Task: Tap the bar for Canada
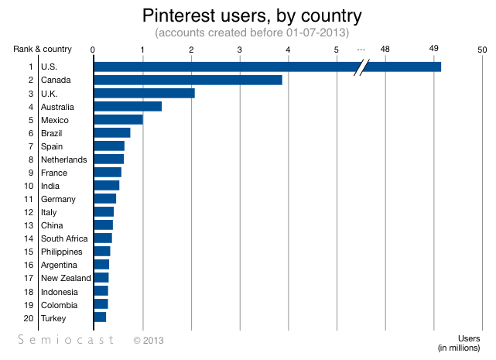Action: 187,80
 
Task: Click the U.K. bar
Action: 144,93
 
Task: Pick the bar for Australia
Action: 128,106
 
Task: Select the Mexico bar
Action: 118,119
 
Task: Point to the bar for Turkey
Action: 100,317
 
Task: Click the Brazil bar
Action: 112,132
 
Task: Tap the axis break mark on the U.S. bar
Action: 360,67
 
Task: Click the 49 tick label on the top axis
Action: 434,49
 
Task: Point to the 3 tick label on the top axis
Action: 240,50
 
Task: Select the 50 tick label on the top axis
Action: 482,50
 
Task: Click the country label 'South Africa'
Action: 64,238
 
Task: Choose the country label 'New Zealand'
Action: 66,278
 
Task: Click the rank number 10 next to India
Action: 29,186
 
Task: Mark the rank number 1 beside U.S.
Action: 31,67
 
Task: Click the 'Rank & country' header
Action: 43,50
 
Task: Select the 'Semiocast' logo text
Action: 67,340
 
